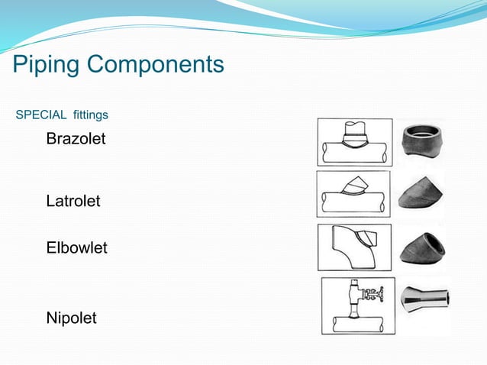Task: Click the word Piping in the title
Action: coord(47,64)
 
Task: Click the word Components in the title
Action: coord(156,64)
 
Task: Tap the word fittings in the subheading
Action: coord(91,115)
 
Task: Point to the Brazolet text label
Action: coord(76,140)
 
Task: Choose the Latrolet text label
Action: coord(73,202)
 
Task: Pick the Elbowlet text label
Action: coord(76,248)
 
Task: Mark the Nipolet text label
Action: coord(71,318)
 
